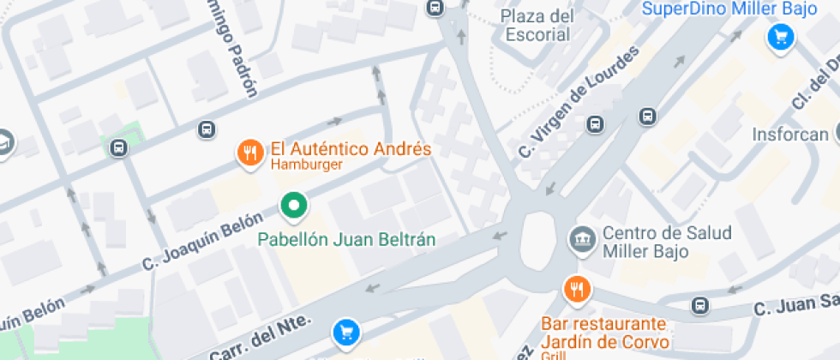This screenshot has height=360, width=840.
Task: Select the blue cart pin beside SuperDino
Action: click(780, 37)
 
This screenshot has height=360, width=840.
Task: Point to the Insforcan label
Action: click(790, 135)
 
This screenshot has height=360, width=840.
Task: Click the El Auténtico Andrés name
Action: click(351, 149)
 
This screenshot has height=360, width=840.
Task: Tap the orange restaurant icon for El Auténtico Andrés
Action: click(249, 153)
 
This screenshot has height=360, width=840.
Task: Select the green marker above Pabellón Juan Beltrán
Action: click(295, 205)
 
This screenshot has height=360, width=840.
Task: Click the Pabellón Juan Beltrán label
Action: click(347, 239)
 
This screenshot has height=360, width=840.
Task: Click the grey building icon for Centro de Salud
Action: click(583, 237)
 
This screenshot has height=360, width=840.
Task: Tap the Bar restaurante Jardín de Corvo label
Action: click(603, 333)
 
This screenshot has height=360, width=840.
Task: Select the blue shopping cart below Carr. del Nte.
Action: click(345, 330)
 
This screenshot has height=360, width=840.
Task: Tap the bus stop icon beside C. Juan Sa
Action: click(700, 305)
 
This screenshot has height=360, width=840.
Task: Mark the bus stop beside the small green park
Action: click(118, 147)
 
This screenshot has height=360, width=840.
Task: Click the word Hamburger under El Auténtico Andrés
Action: click(307, 165)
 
